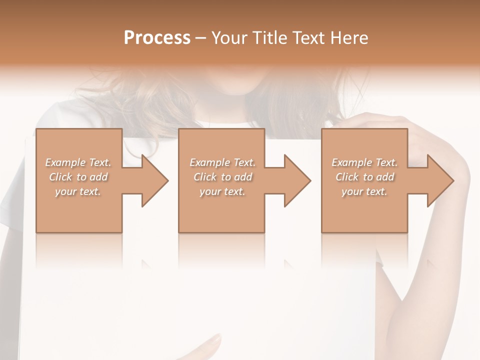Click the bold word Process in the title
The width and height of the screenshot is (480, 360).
click(x=157, y=38)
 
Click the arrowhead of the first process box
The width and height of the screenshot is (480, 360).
click(x=155, y=180)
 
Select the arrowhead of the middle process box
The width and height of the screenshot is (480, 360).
click(x=297, y=180)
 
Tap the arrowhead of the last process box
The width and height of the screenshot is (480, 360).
click(x=440, y=180)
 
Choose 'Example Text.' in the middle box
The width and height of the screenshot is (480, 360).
click(x=222, y=162)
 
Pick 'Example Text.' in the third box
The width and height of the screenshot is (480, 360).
click(x=364, y=162)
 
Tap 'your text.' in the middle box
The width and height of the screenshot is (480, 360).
click(x=222, y=191)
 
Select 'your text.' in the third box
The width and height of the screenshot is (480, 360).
click(x=364, y=191)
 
